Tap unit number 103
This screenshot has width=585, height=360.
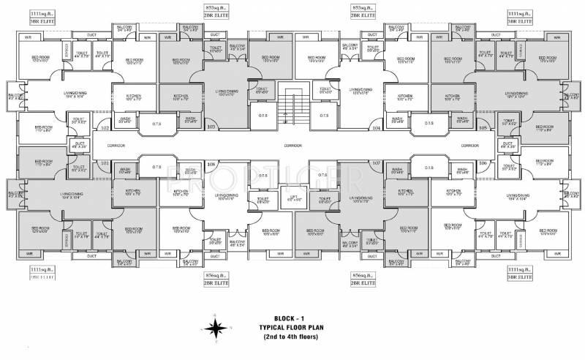click(211, 127)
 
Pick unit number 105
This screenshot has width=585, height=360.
click(482, 128)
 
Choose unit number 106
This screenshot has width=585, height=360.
click(482, 162)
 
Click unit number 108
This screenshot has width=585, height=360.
click(211, 162)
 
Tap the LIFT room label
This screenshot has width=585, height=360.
click(292, 197)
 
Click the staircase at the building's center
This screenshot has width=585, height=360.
click(292, 108)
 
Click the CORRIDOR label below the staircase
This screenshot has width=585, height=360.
click(293, 145)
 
